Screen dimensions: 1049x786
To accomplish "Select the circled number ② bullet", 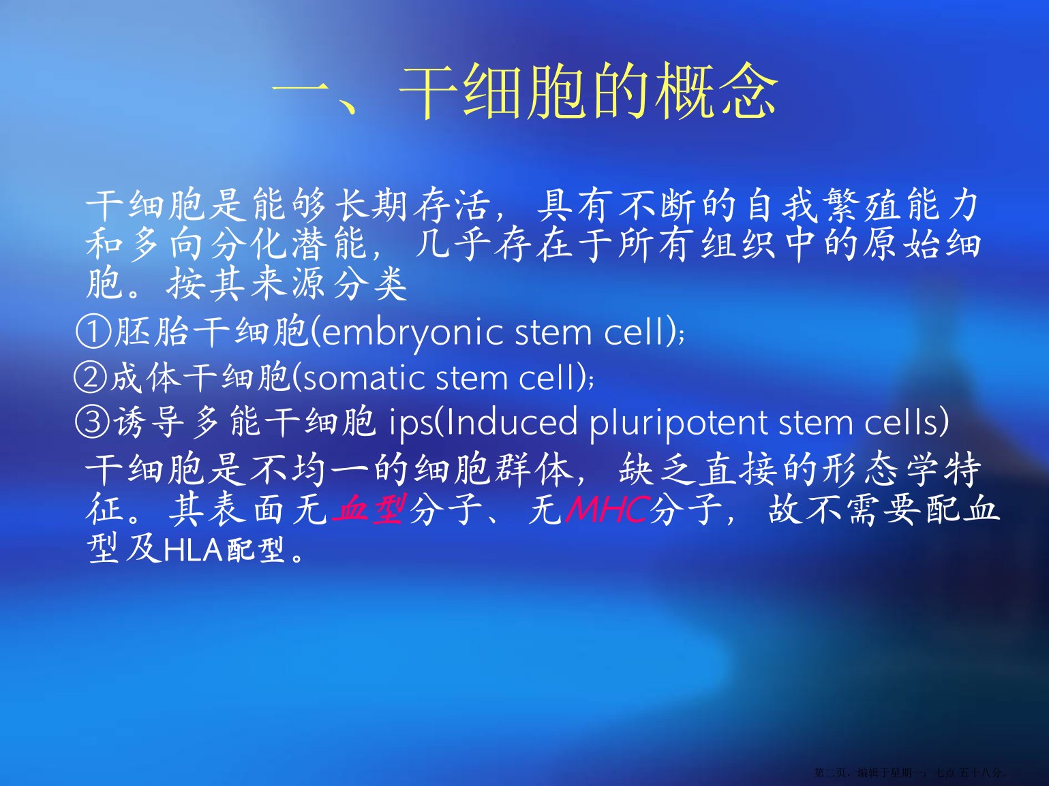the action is [91, 377].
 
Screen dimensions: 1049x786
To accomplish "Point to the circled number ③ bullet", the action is [93, 422].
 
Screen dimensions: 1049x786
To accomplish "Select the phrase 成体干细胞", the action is [200, 377].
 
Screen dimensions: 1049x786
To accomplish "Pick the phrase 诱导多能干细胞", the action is [245, 422].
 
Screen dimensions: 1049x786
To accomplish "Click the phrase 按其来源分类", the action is [287, 283].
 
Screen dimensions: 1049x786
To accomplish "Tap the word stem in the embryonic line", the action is [553, 332].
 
